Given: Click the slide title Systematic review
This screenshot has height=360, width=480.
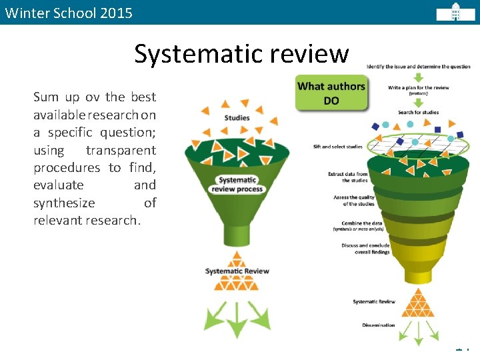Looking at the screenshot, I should coord(241,53).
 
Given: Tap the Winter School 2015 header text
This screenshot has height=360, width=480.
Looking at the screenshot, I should coord(69,13).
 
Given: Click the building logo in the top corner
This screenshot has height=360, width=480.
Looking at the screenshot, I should coord(455,12).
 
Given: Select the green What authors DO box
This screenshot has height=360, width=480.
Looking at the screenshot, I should coord(331,93).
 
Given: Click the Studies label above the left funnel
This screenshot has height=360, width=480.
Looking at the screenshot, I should coord(237,118).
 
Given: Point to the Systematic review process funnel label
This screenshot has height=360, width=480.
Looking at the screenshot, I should coord(237,184).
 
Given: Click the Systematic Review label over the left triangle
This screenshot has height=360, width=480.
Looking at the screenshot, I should coord(237,271).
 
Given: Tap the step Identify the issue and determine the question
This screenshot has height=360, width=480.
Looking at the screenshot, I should coord(418,67).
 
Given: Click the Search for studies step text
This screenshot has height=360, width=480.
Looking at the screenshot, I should coord(418,112).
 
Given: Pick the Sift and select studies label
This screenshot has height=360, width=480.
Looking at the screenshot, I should coord(338,147).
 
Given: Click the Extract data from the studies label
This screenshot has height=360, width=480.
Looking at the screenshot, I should coord(347,177).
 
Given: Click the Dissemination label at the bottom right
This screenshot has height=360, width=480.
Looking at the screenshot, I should coord(378,325).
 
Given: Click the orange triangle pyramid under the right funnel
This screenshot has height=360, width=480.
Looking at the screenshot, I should coord(419,303).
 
